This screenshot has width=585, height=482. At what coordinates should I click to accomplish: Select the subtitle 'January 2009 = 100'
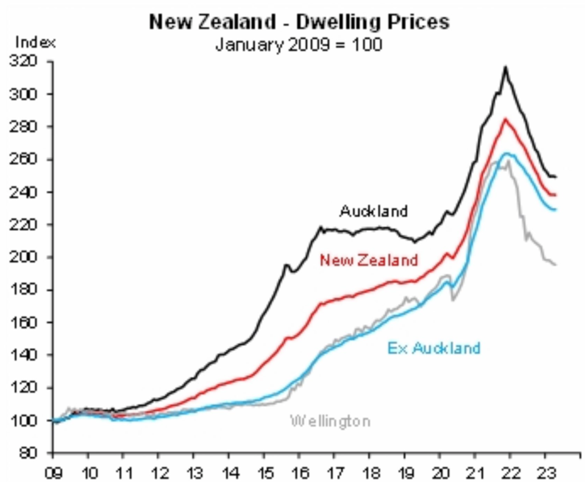pyautogui.click(x=299, y=44)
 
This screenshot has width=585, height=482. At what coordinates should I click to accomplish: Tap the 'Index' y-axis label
pyautogui.click(x=35, y=42)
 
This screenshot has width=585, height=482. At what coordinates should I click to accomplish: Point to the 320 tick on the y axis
pyautogui.click(x=23, y=61)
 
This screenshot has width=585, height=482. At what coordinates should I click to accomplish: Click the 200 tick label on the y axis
pyautogui.click(x=23, y=257)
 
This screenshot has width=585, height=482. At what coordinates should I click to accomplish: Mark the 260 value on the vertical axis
pyautogui.click(x=23, y=159)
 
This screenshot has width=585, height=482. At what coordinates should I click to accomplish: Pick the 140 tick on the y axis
pyautogui.click(x=23, y=355)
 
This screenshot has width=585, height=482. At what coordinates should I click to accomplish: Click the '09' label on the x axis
pyautogui.click(x=53, y=473)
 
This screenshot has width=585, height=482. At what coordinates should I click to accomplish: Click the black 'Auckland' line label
pyautogui.click(x=374, y=211)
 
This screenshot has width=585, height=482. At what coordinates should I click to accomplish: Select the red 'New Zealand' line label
pyautogui.click(x=369, y=260)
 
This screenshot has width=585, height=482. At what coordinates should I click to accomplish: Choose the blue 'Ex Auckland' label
pyautogui.click(x=434, y=348)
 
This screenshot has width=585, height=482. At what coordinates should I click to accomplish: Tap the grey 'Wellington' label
pyautogui.click(x=330, y=421)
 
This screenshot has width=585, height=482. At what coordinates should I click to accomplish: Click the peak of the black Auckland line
pyautogui.click(x=505, y=67)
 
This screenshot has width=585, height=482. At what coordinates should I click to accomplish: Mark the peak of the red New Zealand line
pyautogui.click(x=505, y=119)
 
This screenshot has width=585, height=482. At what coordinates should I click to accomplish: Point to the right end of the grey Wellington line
pyautogui.click(x=556, y=265)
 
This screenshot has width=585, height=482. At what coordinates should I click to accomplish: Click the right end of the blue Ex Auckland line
pyautogui.click(x=556, y=210)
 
